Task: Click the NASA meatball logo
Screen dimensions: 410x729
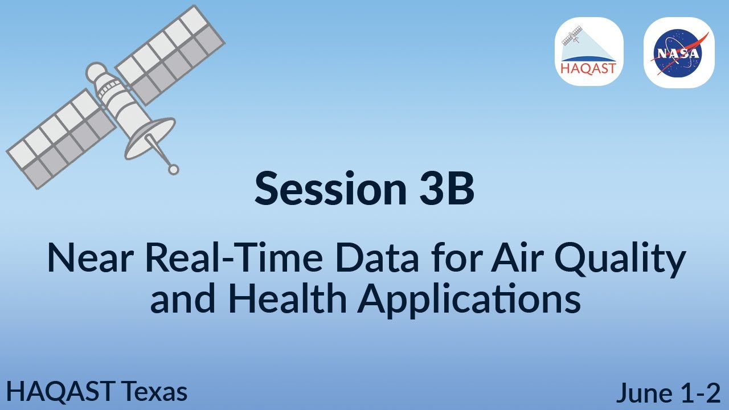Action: click(x=678, y=52)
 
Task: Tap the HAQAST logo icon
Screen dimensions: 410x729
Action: click(x=589, y=52)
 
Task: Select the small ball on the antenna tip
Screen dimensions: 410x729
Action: click(x=174, y=169)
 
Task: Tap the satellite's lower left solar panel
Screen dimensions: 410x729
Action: click(x=60, y=139)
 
